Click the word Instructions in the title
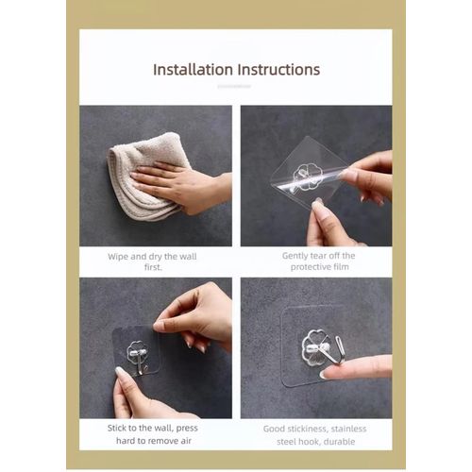pos(278,70)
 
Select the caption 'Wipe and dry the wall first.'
pos(155,261)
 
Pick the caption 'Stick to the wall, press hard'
pos(155,434)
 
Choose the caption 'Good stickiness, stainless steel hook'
pos(315,434)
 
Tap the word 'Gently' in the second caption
pos(296,255)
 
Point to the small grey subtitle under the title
pos(236,86)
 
